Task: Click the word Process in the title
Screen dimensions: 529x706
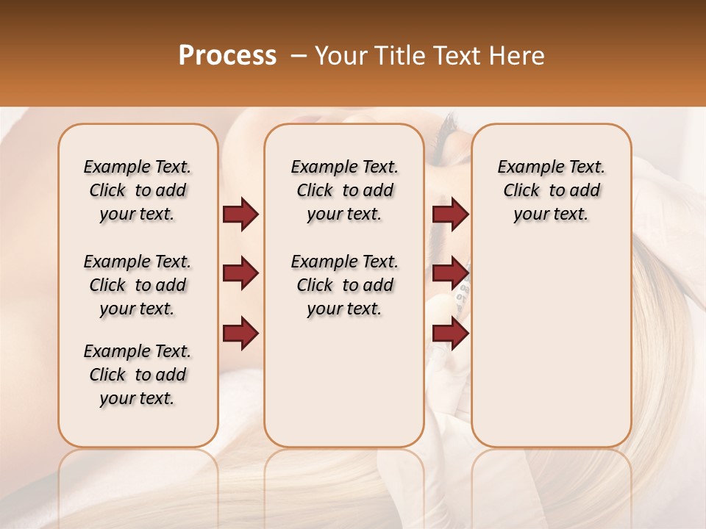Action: point(227,56)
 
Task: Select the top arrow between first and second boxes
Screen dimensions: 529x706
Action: point(240,215)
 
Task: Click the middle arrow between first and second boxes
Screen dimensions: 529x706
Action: point(240,274)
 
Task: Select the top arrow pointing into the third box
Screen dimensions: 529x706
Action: point(450,215)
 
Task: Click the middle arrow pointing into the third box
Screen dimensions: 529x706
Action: point(450,274)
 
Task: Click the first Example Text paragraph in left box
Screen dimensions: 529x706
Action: point(138,190)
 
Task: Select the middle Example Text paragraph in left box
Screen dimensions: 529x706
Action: point(138,285)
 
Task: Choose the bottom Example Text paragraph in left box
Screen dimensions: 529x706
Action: point(138,375)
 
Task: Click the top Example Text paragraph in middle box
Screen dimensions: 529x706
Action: point(344,190)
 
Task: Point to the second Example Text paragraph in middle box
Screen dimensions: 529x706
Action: point(344,285)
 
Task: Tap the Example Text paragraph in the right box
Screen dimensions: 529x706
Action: point(552,190)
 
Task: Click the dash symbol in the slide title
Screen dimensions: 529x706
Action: point(299,56)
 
